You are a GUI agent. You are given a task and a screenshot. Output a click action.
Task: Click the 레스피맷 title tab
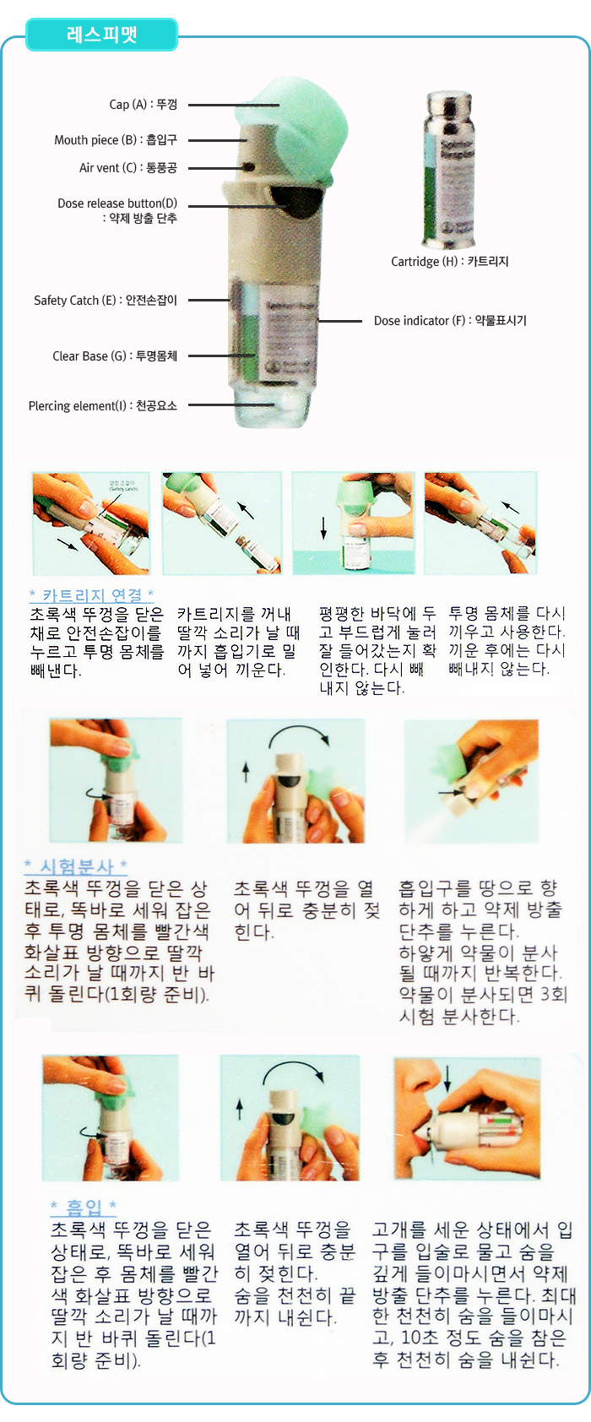click(x=101, y=35)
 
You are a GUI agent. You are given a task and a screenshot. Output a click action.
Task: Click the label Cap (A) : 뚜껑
click(x=143, y=105)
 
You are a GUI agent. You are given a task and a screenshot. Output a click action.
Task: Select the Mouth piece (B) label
click(x=116, y=140)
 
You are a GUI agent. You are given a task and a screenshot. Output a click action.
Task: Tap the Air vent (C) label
click(x=127, y=168)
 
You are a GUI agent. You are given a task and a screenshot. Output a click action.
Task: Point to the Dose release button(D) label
click(x=117, y=210)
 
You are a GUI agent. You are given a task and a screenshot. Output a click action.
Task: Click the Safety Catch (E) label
click(x=106, y=300)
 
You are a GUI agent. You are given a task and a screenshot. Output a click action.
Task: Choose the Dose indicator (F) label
click(x=450, y=321)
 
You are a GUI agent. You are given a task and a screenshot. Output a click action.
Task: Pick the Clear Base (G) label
click(x=115, y=355)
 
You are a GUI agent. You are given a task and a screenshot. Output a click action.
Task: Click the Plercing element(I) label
click(x=103, y=405)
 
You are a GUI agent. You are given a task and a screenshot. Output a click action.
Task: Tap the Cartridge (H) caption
click(x=449, y=262)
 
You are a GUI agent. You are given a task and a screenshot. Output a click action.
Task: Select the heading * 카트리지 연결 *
click(x=91, y=595)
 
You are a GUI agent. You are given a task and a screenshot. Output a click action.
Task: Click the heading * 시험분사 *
click(x=75, y=866)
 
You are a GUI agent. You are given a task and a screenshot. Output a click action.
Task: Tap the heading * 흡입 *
click(x=83, y=1208)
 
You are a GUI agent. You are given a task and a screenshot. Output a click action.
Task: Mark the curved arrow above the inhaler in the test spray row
click(x=299, y=735)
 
